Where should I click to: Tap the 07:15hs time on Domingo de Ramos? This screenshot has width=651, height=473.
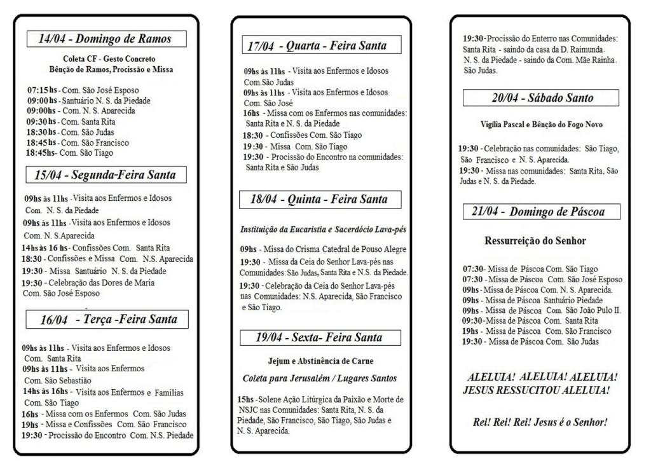[39, 90]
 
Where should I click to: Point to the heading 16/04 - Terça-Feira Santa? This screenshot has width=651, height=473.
[109, 319]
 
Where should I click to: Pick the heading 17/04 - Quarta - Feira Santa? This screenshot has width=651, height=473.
[316, 46]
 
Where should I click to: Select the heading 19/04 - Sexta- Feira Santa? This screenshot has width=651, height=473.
[319, 337]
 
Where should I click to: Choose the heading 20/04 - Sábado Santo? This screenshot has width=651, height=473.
[542, 98]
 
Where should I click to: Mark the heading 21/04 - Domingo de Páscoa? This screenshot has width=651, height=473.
[541, 212]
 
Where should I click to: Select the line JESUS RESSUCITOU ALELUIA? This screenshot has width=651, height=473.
[537, 389]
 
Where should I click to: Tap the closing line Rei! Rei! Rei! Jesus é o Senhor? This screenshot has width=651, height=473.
[537, 421]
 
